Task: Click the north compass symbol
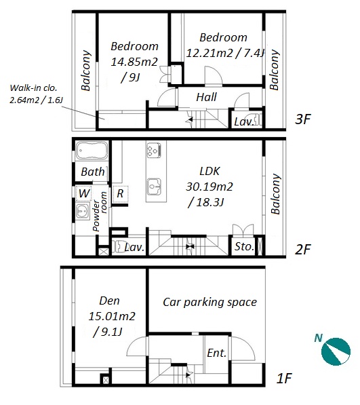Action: (x=336, y=351)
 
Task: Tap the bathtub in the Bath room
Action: (x=92, y=151)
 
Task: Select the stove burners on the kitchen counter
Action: (x=154, y=151)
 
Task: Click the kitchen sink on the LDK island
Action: (x=154, y=187)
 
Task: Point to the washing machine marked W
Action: (x=84, y=193)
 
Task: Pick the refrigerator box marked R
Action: (x=120, y=194)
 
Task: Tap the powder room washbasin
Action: (x=83, y=212)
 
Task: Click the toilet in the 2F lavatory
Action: (x=117, y=247)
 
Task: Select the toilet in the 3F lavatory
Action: (x=258, y=119)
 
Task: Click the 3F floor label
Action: (x=302, y=119)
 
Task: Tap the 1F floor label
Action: (x=284, y=379)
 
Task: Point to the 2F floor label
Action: (x=302, y=249)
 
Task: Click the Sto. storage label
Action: (x=244, y=247)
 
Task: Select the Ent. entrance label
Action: (x=217, y=353)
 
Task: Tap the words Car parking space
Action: (x=209, y=302)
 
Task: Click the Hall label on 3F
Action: (x=207, y=98)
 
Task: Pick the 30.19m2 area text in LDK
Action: (x=209, y=187)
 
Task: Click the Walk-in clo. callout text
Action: (x=33, y=88)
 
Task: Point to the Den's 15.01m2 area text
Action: (x=112, y=316)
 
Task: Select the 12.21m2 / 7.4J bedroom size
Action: (x=226, y=53)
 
